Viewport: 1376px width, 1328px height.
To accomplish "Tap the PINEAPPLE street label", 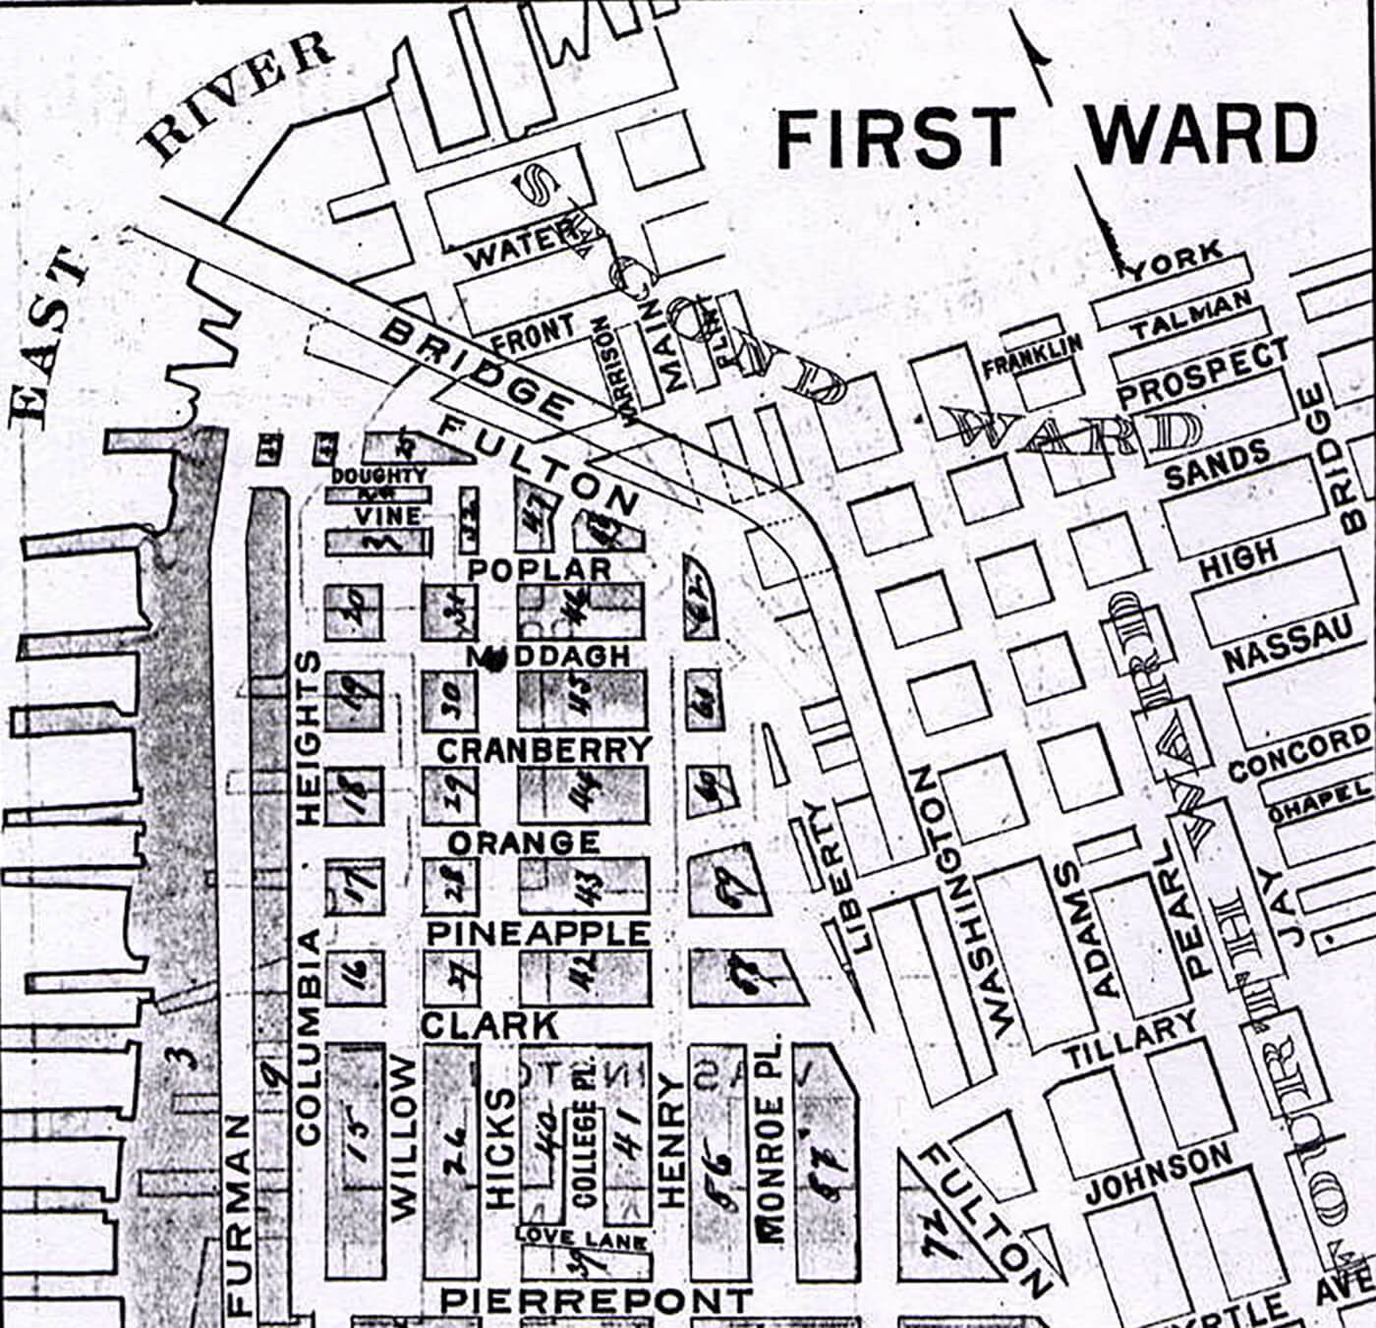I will tap(538, 933).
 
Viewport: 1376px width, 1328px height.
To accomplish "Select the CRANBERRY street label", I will tap(544, 750).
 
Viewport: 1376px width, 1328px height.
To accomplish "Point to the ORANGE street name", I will tap(524, 842).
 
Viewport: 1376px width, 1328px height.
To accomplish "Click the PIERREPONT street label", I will tap(596, 1300).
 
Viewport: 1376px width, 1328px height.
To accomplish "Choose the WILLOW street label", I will tap(404, 1139).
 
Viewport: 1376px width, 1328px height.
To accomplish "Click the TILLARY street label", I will tap(1130, 1043).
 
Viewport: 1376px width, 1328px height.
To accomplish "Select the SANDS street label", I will tap(1217, 466).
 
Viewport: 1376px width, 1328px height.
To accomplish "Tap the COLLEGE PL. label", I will tap(585, 1154).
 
